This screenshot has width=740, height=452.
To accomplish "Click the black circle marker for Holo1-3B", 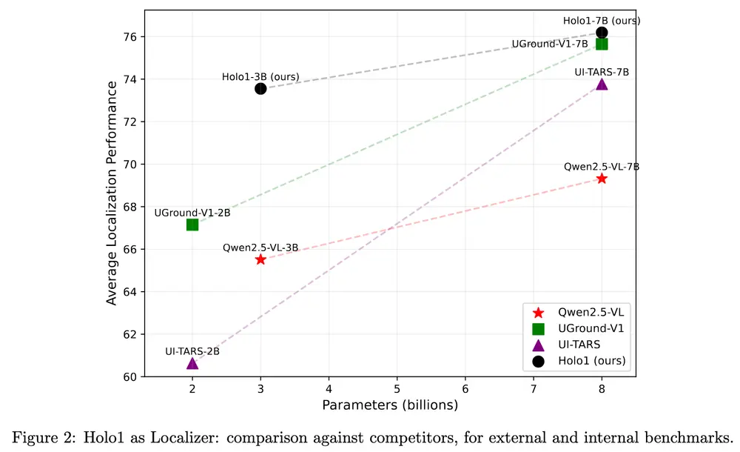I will tap(260, 88).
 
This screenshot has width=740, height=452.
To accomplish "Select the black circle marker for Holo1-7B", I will tap(602, 32).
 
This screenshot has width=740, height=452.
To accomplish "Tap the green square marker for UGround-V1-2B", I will tap(192, 225).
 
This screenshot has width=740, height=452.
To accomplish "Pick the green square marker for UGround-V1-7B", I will tap(602, 44).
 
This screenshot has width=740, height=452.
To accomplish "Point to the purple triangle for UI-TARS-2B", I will tap(192, 363).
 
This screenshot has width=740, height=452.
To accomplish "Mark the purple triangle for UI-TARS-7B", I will tap(602, 84).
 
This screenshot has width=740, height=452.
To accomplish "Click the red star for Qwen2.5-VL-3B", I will tap(260, 259).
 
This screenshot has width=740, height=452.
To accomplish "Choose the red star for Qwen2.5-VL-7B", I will tap(602, 179).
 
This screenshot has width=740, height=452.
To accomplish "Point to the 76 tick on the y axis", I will tap(132, 37).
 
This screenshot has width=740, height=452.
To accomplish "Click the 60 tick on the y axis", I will tap(132, 376).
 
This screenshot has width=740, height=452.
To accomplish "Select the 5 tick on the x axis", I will tap(397, 388).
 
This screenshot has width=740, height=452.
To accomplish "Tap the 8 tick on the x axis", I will tap(602, 388).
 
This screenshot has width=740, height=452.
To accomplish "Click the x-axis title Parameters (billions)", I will tap(390, 405).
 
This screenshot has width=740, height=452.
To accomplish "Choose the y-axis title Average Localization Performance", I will tap(112, 193).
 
